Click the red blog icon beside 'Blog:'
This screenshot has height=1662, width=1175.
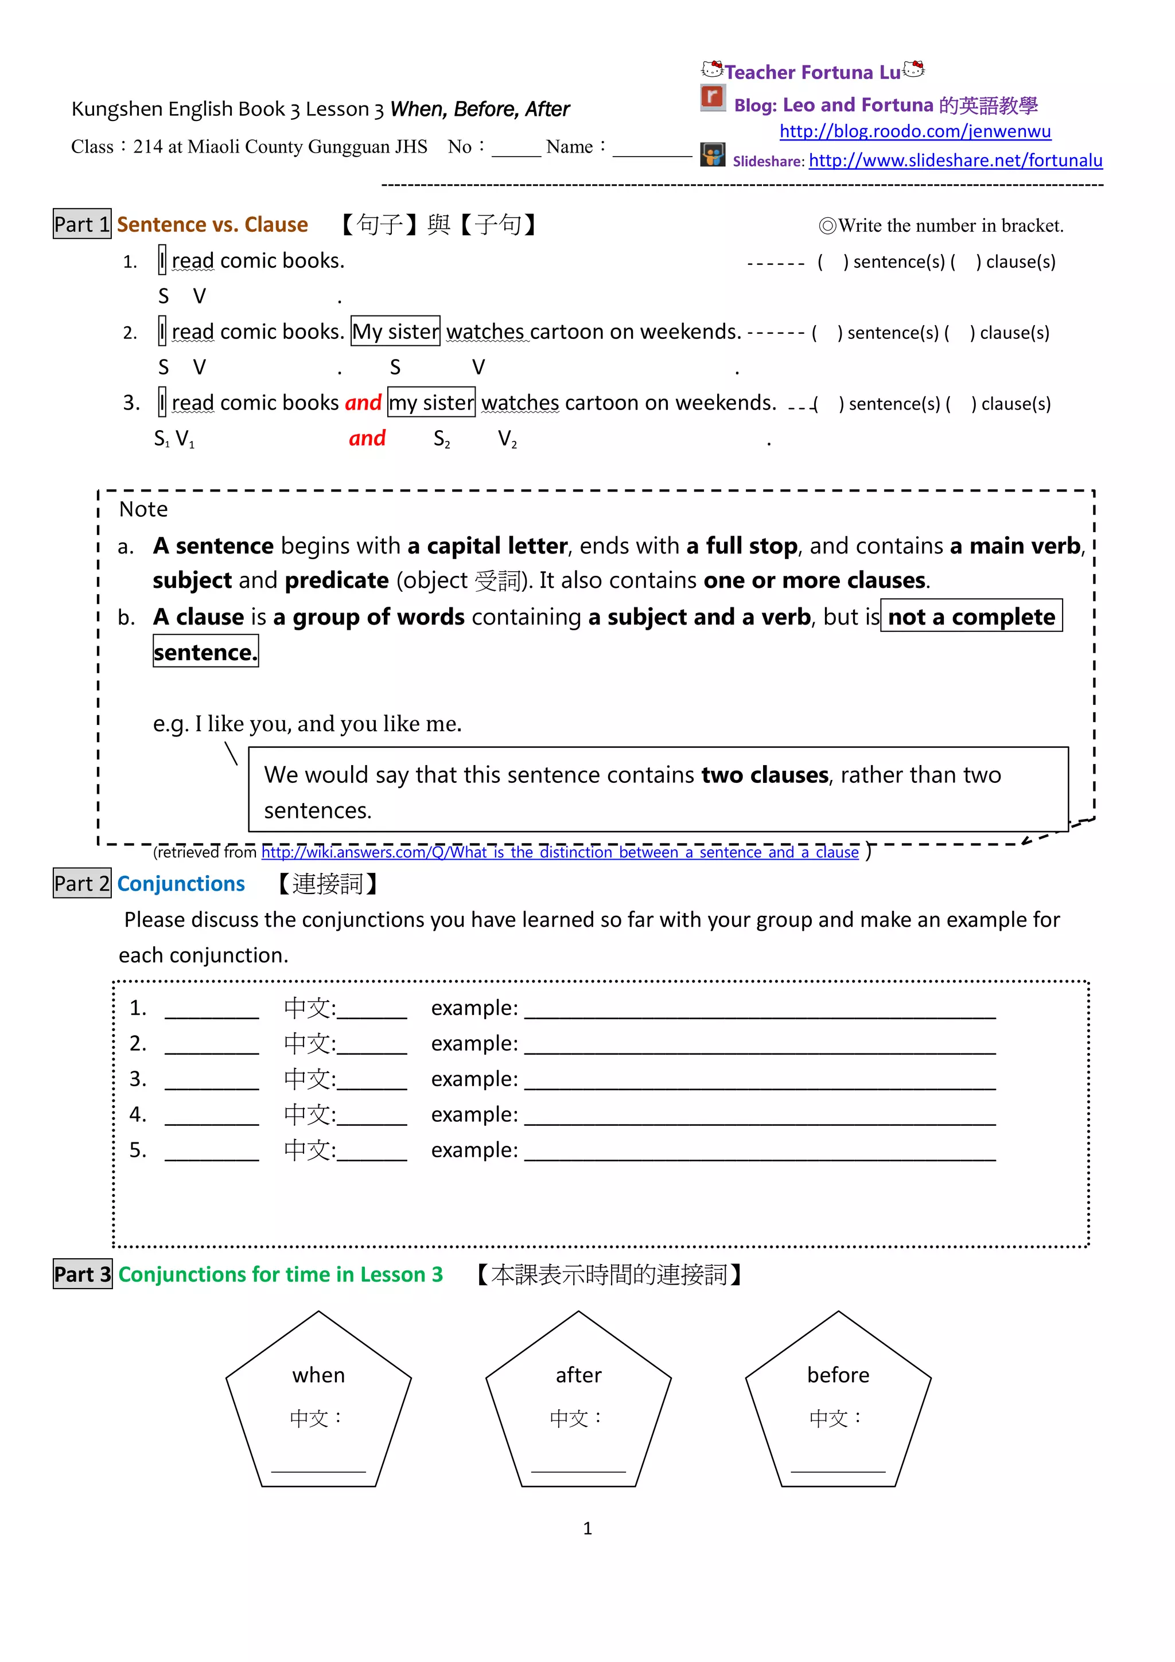pyautogui.click(x=713, y=97)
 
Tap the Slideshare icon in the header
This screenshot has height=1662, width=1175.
pyautogui.click(x=713, y=154)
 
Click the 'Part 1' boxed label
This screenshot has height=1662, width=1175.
pyautogui.click(x=82, y=224)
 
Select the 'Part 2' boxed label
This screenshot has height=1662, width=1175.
pyautogui.click(x=82, y=883)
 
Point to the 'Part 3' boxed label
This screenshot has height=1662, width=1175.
pyautogui.click(x=83, y=1274)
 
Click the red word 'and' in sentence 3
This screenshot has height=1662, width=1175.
pyautogui.click(x=363, y=403)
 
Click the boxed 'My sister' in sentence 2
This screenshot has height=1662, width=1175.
pyautogui.click(x=395, y=331)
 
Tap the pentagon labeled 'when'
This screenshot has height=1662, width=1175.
pyautogui.click(x=318, y=1404)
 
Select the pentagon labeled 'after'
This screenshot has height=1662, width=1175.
pyautogui.click(x=578, y=1404)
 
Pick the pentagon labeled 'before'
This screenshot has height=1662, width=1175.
pyautogui.click(x=838, y=1404)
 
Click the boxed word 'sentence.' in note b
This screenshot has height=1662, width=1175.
pyautogui.click(x=205, y=651)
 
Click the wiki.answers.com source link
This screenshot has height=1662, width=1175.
pyautogui.click(x=559, y=852)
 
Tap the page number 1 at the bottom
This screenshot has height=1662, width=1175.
pyautogui.click(x=587, y=1528)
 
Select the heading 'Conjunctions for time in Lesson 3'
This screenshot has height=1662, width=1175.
pyautogui.click(x=280, y=1274)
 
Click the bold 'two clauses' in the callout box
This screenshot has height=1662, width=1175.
pyautogui.click(x=765, y=775)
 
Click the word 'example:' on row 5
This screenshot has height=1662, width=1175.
pyautogui.click(x=474, y=1149)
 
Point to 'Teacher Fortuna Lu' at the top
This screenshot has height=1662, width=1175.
pyautogui.click(x=812, y=72)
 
